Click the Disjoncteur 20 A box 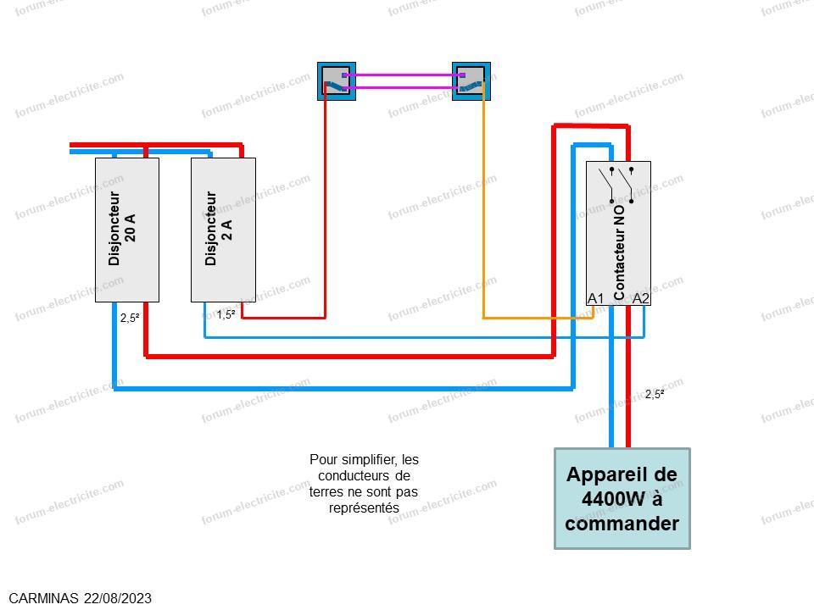point(127,230)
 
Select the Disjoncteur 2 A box point(223,230)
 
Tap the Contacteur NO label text point(619,252)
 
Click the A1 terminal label point(595,298)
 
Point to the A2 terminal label point(641,298)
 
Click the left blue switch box point(337,81)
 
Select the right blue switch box point(471,81)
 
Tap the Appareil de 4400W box point(622,498)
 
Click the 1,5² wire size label point(226,314)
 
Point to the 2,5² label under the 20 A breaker point(130,318)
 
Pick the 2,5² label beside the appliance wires point(655,394)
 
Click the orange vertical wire point(483,202)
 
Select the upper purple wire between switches point(404,75)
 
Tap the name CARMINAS point(43,599)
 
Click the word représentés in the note point(364,507)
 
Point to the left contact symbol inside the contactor point(605,185)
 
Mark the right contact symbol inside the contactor point(626,185)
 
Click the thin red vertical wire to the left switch point(326,202)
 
